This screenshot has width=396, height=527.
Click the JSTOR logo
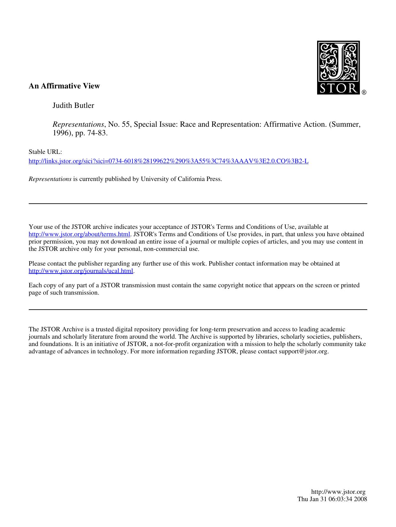338,68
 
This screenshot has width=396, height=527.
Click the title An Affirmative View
64,86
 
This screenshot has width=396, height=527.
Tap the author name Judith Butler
73,105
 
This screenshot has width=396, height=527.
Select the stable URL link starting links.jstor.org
168,161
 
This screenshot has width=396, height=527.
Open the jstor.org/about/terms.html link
79,234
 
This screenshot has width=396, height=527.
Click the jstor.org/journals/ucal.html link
81,271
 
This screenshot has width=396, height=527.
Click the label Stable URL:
45,152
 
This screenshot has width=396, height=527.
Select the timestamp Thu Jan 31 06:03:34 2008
332,499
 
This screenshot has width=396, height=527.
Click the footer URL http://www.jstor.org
338,492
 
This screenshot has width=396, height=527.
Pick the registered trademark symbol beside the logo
364,93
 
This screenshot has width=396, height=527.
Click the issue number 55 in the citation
126,124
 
